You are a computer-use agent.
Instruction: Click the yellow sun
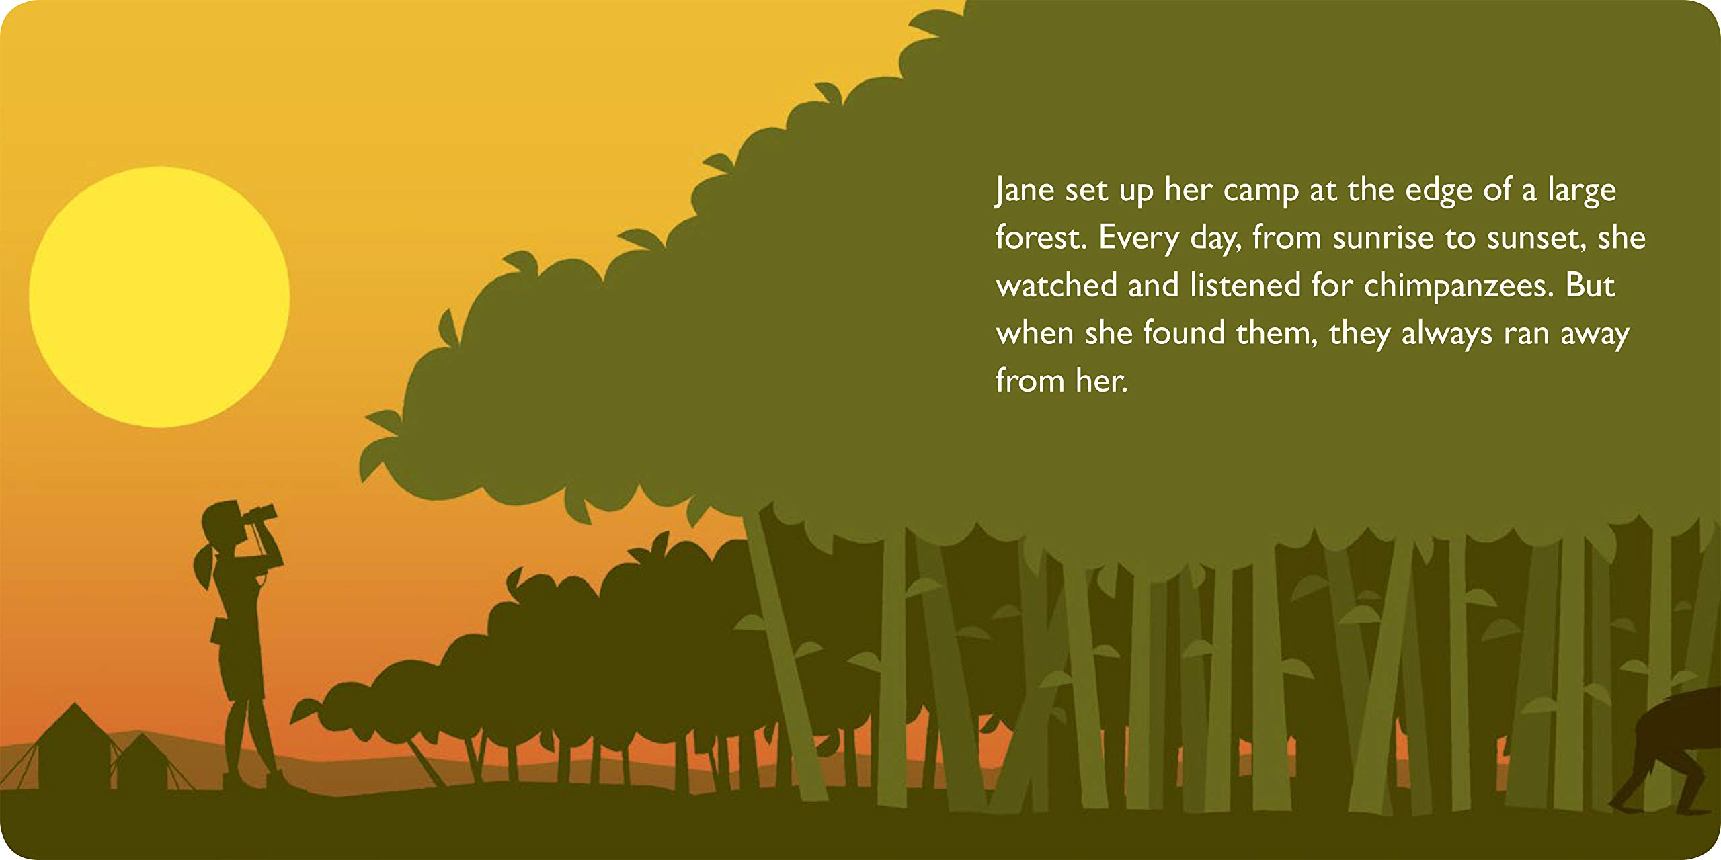tap(159, 296)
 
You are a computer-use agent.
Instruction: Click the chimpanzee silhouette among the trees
tap(1674, 746)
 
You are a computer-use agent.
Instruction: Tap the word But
tap(1590, 286)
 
